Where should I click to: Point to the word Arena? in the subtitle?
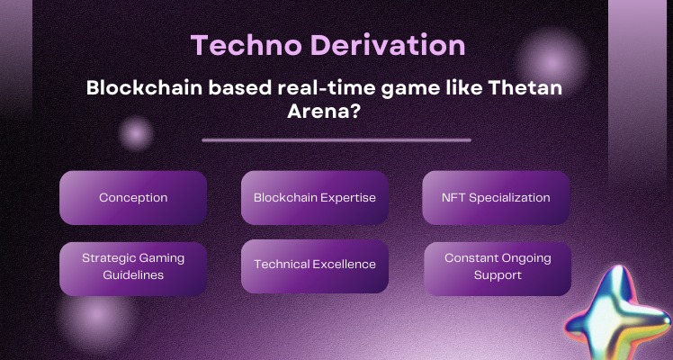click(336, 117)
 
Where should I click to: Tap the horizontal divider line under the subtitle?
click(336, 140)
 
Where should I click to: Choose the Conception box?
click(133, 197)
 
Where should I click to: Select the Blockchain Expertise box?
click(314, 197)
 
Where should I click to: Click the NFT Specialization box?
click(497, 197)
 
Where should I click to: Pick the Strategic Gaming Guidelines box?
click(133, 266)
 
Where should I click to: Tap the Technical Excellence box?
click(314, 265)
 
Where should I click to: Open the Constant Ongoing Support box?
click(497, 267)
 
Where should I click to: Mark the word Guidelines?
click(132, 275)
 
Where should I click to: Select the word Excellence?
click(345, 265)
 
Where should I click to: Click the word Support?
click(497, 275)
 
